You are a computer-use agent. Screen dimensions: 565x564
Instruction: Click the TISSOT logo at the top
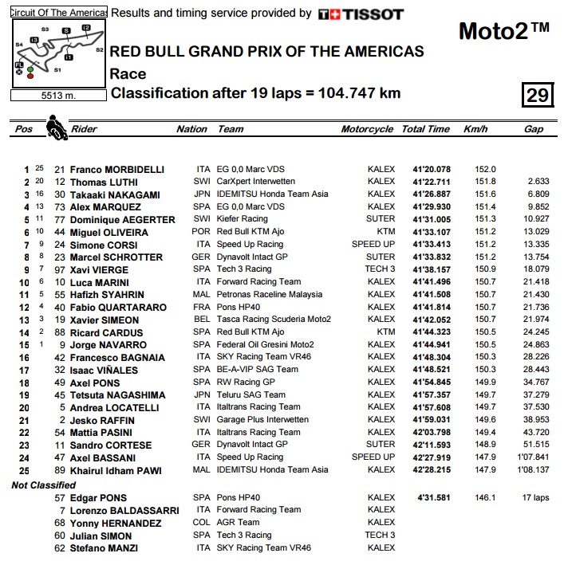[361, 14]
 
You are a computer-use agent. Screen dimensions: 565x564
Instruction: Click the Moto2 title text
[503, 31]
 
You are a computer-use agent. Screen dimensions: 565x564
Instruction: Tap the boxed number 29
[536, 95]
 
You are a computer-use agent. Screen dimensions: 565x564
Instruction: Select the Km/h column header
[475, 129]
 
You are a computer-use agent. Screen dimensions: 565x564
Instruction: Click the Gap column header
[533, 129]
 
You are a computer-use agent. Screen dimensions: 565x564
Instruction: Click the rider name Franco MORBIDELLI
[116, 170]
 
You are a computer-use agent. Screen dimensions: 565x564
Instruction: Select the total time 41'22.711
[431, 182]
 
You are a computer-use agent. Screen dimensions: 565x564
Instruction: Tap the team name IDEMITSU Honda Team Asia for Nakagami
[272, 194]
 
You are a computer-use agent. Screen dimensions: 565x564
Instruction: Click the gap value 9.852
[538, 206]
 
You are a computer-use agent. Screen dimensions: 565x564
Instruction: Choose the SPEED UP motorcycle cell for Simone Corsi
[373, 245]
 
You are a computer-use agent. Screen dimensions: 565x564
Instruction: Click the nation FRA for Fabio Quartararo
[203, 308]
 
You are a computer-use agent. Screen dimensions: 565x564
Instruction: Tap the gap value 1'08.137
[533, 470]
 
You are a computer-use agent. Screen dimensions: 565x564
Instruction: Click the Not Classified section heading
[44, 485]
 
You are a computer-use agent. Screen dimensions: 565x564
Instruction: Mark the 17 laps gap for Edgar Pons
[535, 498]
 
